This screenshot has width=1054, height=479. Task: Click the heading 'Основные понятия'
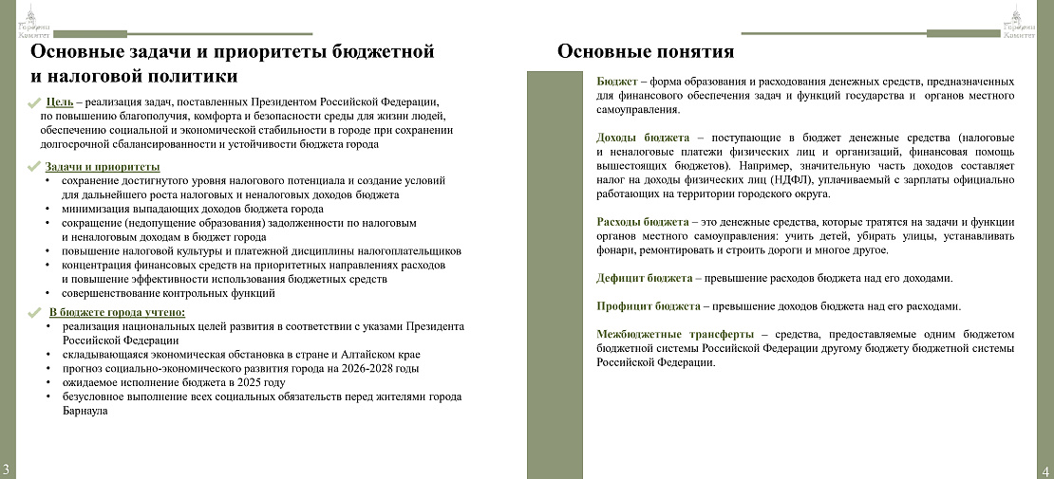click(646, 51)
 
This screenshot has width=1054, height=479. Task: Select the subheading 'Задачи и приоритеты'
click(102, 167)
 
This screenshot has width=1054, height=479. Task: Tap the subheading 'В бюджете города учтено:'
click(117, 312)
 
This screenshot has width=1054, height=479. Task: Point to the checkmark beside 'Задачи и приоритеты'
click(34, 168)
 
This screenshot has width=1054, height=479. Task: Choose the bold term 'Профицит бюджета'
click(649, 306)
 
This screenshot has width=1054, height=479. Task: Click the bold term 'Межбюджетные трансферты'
click(675, 334)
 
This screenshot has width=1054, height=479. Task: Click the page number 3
click(7, 469)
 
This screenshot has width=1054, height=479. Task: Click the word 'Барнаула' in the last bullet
click(85, 411)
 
